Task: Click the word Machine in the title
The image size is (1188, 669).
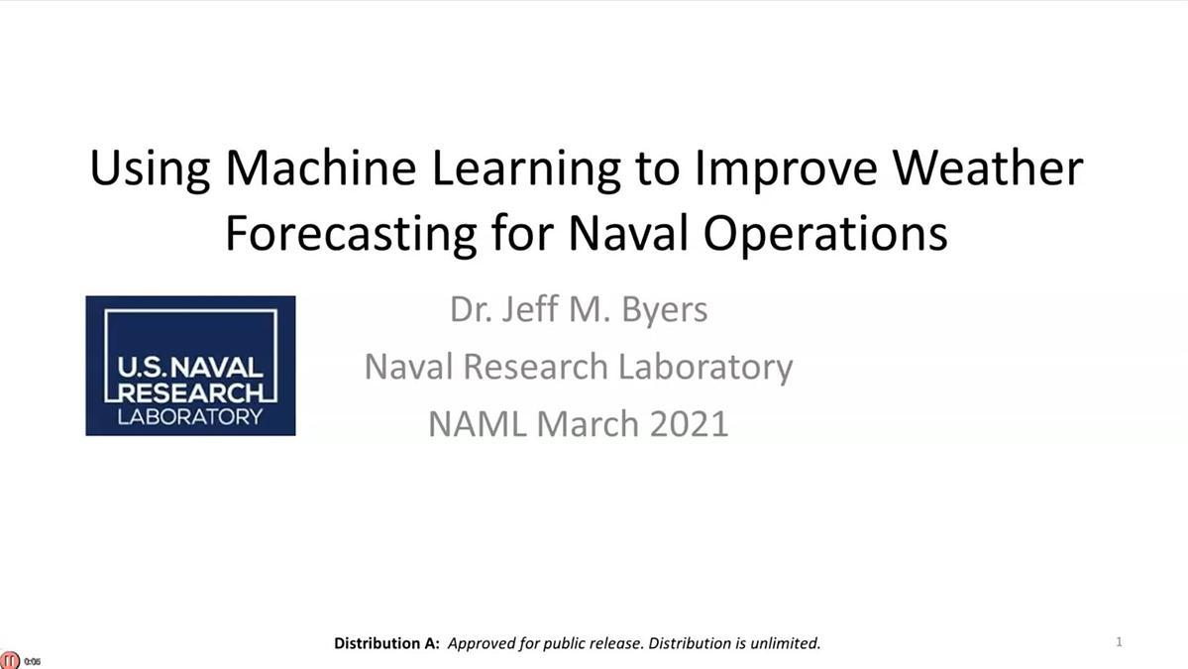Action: click(320, 167)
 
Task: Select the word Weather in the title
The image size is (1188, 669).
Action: click(988, 167)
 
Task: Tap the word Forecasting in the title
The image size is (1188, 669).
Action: click(351, 234)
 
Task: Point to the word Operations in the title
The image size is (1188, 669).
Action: click(825, 234)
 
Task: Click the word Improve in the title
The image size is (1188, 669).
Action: click(786, 168)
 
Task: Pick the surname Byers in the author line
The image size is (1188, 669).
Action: click(665, 310)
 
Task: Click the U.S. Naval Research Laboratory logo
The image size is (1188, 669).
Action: click(190, 365)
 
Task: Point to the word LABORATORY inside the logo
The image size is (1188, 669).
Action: click(190, 416)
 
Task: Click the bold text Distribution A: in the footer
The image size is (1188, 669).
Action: click(386, 643)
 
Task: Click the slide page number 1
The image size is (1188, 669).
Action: click(1119, 641)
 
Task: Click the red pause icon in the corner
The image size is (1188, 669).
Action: click(10, 660)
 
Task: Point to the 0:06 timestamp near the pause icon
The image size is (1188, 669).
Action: click(33, 661)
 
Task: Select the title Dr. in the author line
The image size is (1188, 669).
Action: click(465, 310)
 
